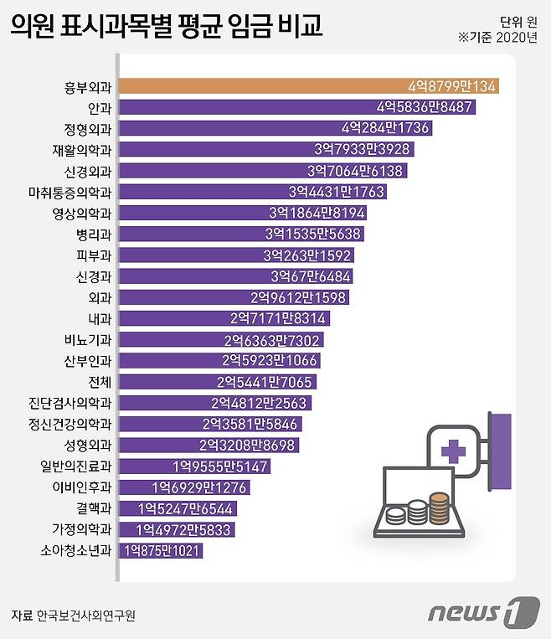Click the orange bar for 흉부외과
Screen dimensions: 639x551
(x=310, y=86)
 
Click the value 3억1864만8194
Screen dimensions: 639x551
(x=317, y=213)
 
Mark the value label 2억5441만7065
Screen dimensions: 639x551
(x=265, y=382)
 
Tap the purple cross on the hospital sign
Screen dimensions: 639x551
(x=454, y=453)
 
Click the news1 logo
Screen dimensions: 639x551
(x=482, y=613)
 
